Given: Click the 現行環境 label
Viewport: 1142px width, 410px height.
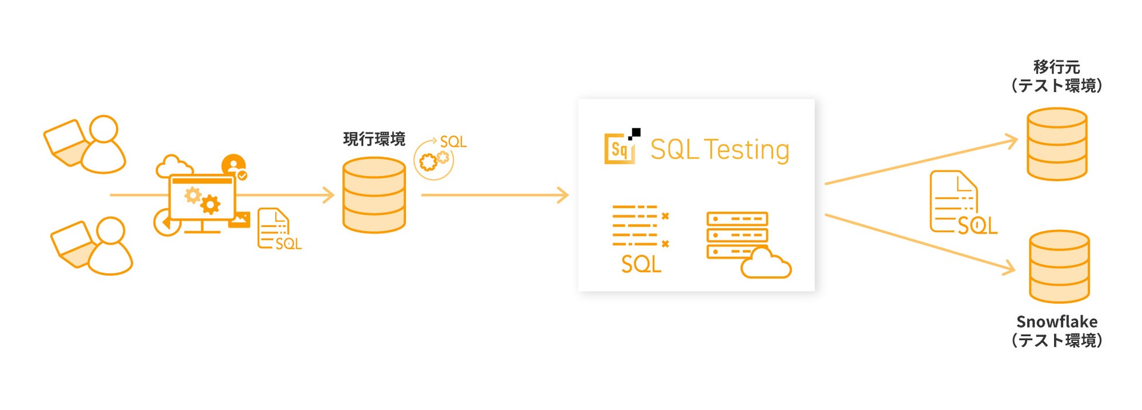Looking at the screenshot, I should coord(374,139).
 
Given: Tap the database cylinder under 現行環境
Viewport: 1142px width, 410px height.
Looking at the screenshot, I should coord(374,195).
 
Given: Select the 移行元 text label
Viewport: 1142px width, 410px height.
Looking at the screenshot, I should coord(1056,67).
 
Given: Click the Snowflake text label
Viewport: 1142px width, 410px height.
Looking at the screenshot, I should coord(1056,321).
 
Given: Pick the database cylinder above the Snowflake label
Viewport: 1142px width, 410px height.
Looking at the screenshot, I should coord(1059,266).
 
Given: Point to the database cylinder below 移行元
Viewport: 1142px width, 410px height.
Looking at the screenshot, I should coord(1056,144).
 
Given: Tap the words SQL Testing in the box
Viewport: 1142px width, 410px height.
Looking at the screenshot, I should coord(720,150).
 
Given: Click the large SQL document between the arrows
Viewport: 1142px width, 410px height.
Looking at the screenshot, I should coord(960,203).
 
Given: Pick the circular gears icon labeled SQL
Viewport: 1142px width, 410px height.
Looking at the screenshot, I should coord(434,160).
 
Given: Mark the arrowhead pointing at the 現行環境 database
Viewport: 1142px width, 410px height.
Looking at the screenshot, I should coord(329,195).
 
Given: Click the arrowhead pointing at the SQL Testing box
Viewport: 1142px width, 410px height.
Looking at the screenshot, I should coord(563,195).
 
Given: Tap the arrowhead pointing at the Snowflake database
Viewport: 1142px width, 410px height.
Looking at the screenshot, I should coord(1009,269).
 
